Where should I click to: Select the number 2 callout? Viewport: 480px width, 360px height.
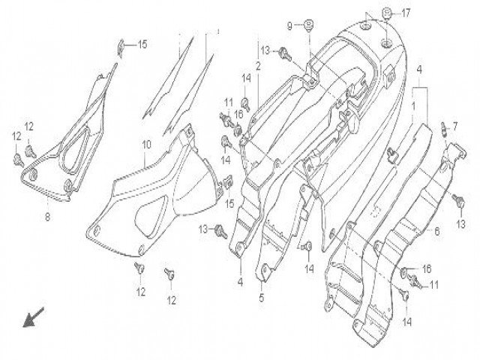(x=257, y=66)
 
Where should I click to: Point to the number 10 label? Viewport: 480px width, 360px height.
(x=146, y=143)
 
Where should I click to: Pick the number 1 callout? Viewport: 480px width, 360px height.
(x=412, y=106)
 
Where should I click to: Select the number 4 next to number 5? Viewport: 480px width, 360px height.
(x=241, y=282)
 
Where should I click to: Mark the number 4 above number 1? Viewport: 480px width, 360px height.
(x=419, y=70)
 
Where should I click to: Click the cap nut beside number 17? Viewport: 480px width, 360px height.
(x=387, y=11)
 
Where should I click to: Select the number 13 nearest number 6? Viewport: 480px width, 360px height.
(x=460, y=224)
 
